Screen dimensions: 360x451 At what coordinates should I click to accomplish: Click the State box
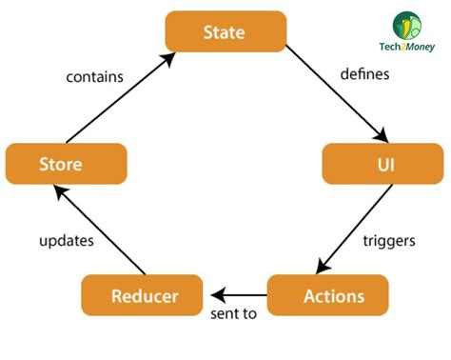coord(225,32)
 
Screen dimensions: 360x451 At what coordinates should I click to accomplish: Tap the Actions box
coord(328,295)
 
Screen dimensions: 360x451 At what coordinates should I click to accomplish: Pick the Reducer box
coord(143,295)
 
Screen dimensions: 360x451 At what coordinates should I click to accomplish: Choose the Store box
coord(66,164)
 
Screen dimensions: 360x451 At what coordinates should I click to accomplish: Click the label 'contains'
coord(94,76)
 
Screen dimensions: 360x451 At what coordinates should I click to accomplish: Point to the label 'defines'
coord(364,74)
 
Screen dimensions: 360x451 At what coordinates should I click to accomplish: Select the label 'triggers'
coord(389,241)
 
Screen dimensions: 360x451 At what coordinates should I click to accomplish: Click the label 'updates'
coord(66,241)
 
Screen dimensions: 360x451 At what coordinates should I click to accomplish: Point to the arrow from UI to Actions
coord(354,230)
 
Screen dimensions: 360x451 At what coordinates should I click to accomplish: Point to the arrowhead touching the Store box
coord(60,190)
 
